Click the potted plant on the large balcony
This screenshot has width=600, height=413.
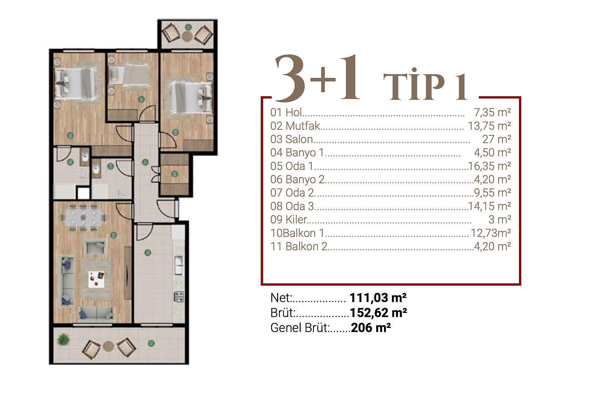pos(63,340)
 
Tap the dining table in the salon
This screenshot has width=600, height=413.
pos(83,216)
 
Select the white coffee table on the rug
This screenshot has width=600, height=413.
pos(96,280)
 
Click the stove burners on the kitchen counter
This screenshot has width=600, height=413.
pos(179,296)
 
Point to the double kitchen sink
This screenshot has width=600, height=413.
pos(178,265)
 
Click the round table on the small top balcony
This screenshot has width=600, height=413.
pos(187,36)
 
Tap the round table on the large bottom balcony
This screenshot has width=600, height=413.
pos(108,346)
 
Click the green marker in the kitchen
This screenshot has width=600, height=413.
pos(148,252)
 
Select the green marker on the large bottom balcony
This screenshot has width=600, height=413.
pos(151,343)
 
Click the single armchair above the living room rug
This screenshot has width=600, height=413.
pos(95,247)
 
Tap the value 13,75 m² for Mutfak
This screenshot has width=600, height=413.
pos(489,126)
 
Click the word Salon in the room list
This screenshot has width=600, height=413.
pos(299,139)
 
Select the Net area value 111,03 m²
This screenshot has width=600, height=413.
pos(378,298)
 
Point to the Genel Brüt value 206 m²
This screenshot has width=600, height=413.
pos(371,328)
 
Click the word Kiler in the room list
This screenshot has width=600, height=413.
pos(296,220)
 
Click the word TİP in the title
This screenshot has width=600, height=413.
pos(414,85)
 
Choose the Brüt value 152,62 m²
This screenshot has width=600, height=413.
pos(378,313)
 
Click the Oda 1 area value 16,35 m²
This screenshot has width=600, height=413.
pos(489,166)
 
